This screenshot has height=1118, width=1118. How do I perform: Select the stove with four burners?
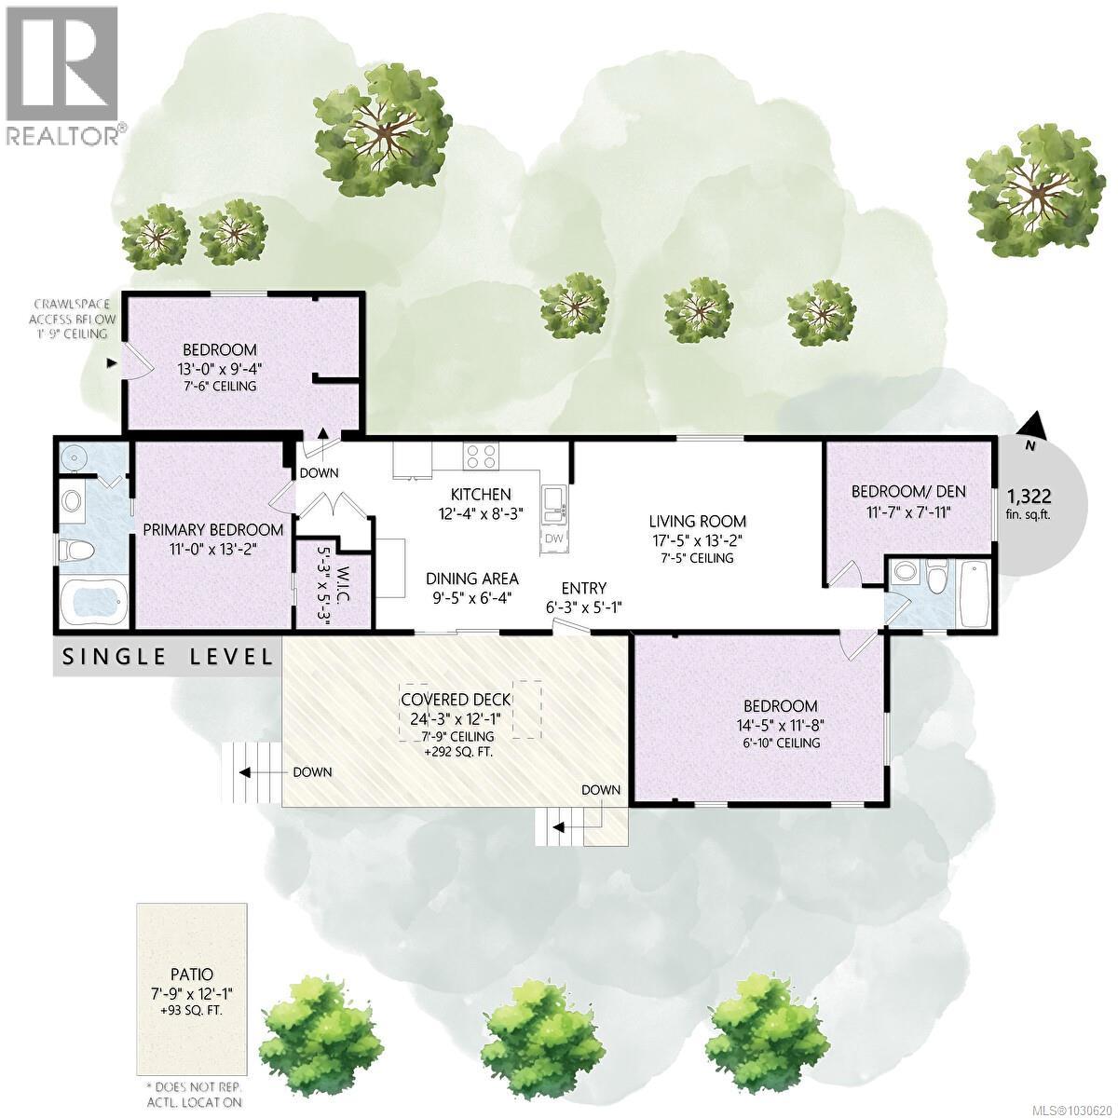(481, 457)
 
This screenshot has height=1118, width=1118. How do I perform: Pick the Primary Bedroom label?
(199, 528)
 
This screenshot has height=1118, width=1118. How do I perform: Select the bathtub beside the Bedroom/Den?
(974, 593)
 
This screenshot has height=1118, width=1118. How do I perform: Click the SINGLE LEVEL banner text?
(167, 657)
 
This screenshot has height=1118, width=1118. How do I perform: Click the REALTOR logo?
(62, 75)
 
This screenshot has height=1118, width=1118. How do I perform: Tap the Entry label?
(583, 588)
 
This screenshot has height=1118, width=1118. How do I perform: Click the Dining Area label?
(471, 578)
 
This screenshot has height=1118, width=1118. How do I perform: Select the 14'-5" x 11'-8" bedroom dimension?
(781, 724)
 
